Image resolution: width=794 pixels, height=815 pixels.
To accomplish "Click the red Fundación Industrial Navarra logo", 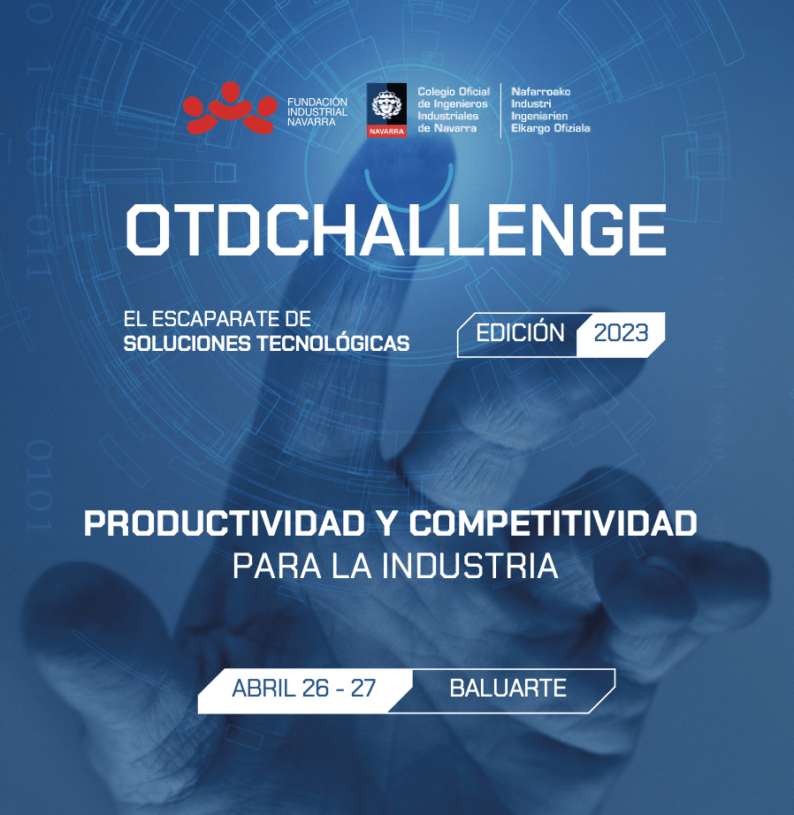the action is [x=230, y=108].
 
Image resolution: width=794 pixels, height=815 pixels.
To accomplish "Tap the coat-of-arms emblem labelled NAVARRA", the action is [x=386, y=110].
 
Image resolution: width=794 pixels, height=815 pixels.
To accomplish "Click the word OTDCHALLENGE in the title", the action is [x=396, y=230].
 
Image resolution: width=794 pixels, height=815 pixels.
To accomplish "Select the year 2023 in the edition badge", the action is [x=621, y=333].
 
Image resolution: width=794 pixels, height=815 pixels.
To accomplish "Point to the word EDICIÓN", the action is [x=520, y=332].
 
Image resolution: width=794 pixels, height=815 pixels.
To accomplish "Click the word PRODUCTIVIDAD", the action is [x=224, y=523].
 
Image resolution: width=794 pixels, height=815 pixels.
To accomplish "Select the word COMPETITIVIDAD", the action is [x=553, y=523].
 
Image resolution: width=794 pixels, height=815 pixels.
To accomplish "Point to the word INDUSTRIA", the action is [x=470, y=566].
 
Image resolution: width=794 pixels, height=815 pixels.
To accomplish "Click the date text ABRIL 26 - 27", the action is [x=303, y=689].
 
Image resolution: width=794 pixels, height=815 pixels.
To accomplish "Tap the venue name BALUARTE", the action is [x=508, y=689].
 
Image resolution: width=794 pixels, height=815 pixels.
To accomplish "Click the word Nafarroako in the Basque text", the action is [x=541, y=91].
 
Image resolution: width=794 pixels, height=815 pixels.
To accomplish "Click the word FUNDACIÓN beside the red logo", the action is [x=317, y=102].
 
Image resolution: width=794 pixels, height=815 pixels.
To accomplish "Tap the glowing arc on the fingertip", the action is [x=408, y=192].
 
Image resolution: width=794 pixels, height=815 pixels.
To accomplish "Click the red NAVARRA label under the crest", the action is [x=386, y=132].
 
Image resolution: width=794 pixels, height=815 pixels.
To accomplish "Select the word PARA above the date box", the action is [x=277, y=566].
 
